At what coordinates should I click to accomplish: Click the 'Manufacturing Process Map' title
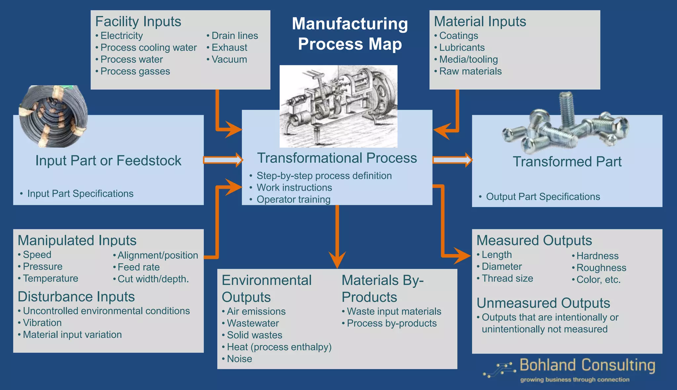[350, 34]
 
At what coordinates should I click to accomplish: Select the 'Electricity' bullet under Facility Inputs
[121, 36]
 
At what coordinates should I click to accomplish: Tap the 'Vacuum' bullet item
[229, 60]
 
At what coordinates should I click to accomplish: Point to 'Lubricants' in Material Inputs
[461, 48]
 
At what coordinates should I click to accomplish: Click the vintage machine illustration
[338, 106]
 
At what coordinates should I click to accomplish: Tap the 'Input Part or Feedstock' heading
[108, 161]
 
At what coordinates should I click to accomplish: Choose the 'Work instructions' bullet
[294, 188]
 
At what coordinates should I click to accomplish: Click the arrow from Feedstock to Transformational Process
[223, 160]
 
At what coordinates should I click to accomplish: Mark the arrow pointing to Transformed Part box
[452, 160]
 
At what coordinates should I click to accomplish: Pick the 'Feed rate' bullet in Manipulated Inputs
[138, 267]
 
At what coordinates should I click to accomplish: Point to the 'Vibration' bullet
[42, 323]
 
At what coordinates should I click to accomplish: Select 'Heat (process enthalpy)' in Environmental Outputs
[279, 347]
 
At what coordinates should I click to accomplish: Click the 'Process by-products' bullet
[391, 323]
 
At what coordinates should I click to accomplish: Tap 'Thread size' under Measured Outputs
[507, 279]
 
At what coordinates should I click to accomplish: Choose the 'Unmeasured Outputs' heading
[543, 303]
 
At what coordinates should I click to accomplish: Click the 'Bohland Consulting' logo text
[587, 366]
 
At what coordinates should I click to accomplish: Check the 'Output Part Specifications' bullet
[542, 197]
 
